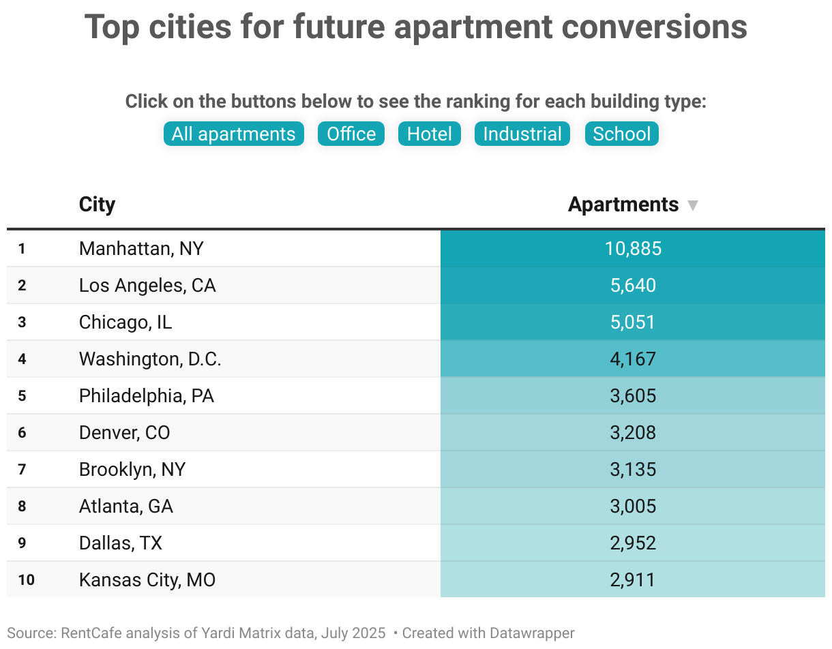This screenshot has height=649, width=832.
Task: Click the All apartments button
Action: [233, 134]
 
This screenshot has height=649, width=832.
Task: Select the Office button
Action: [351, 134]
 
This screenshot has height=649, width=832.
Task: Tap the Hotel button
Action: [430, 134]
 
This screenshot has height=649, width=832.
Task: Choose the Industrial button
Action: [522, 134]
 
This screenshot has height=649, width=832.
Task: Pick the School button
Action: [621, 134]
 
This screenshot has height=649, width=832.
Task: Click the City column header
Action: [97, 205]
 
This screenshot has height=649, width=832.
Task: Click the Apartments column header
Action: [623, 205]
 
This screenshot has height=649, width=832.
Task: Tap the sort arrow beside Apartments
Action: [693, 205]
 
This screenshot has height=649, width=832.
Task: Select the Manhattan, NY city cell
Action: [141, 248]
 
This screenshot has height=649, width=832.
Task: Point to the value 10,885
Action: [633, 248]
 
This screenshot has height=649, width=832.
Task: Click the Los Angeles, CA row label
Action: [147, 285]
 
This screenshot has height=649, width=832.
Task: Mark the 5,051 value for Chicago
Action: [633, 322]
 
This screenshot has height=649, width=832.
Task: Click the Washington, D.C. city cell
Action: [150, 359]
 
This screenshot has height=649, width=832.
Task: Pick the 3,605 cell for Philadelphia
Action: [633, 395]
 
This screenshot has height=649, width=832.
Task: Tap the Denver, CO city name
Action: [124, 432]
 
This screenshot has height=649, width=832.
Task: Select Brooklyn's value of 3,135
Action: [633, 469]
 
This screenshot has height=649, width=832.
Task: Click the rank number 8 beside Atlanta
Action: [22, 507]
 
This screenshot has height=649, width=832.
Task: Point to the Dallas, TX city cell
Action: [121, 543]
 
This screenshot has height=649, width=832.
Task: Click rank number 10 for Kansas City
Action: [26, 580]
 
